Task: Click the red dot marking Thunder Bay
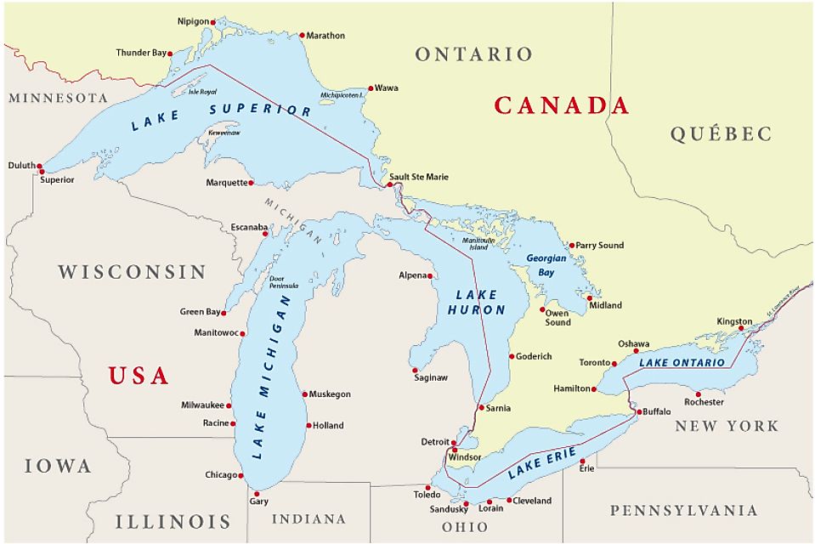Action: [170, 54]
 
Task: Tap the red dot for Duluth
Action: [39, 167]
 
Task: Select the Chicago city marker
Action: [242, 475]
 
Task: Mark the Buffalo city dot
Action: [639, 412]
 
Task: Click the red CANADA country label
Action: [562, 105]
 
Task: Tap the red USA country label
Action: [139, 376]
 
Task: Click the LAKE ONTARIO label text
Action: [682, 363]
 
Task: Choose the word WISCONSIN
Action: [132, 272]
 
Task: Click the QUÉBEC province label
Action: [721, 133]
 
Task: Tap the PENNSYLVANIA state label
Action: [683, 511]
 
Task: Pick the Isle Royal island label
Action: [202, 91]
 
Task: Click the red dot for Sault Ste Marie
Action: [389, 184]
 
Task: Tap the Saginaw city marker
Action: [415, 371]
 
